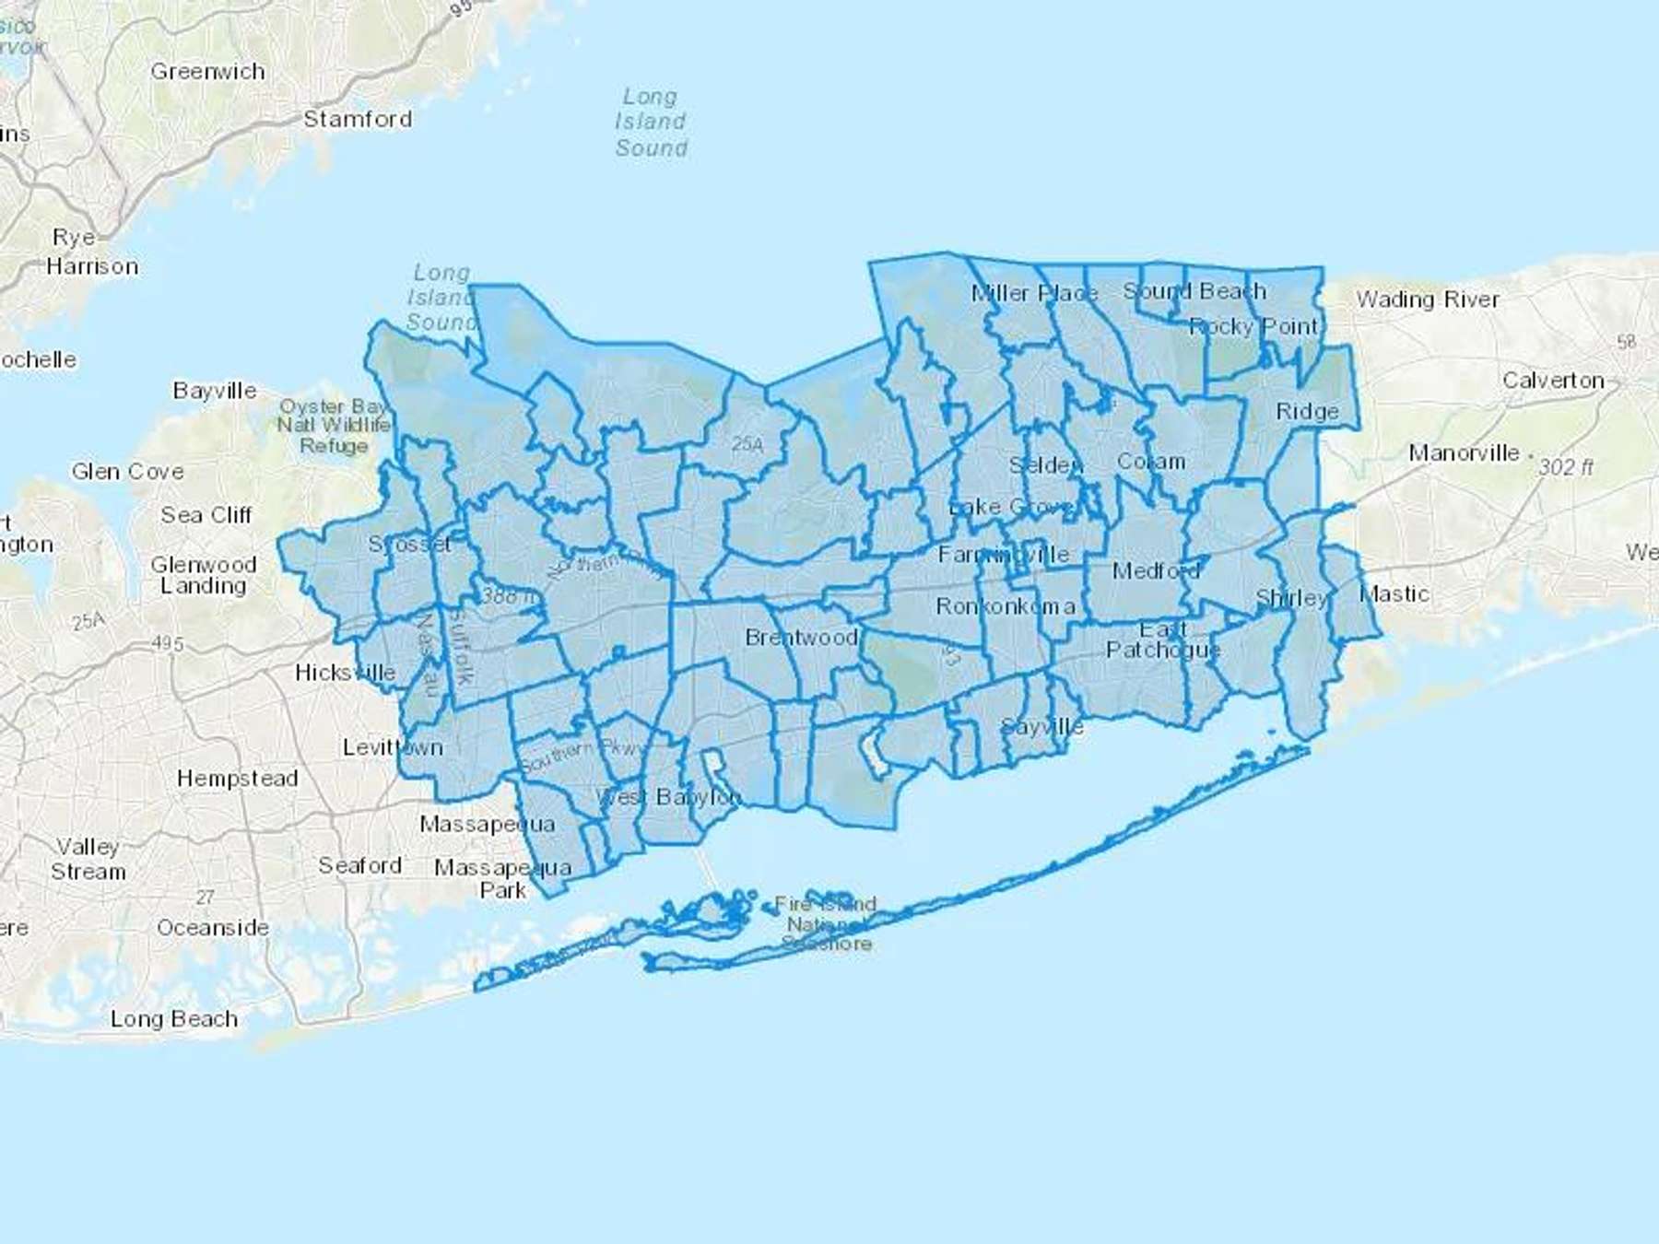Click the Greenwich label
[207, 72]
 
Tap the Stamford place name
[358, 119]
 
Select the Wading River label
[1427, 299]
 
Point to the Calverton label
[1553, 381]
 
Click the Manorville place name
[1464, 453]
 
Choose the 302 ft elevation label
[1565, 467]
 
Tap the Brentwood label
[801, 638]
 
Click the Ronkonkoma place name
[1005, 606]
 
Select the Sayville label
[1041, 727]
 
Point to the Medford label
[1156, 571]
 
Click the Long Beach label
[174, 1019]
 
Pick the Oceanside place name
[213, 928]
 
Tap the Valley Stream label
[88, 859]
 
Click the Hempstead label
[238, 779]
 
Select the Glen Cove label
[128, 472]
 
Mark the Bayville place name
[215, 391]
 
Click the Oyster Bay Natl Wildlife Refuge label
[334, 426]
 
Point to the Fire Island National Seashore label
[826, 923]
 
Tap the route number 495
[167, 644]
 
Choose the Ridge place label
[1307, 412]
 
